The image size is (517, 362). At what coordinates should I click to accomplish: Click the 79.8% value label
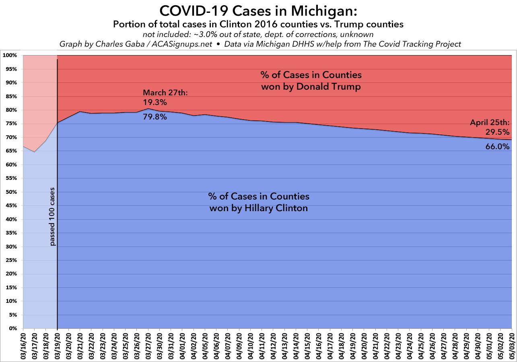(x=155, y=117)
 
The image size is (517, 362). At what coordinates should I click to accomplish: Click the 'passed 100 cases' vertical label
(x=52, y=216)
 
